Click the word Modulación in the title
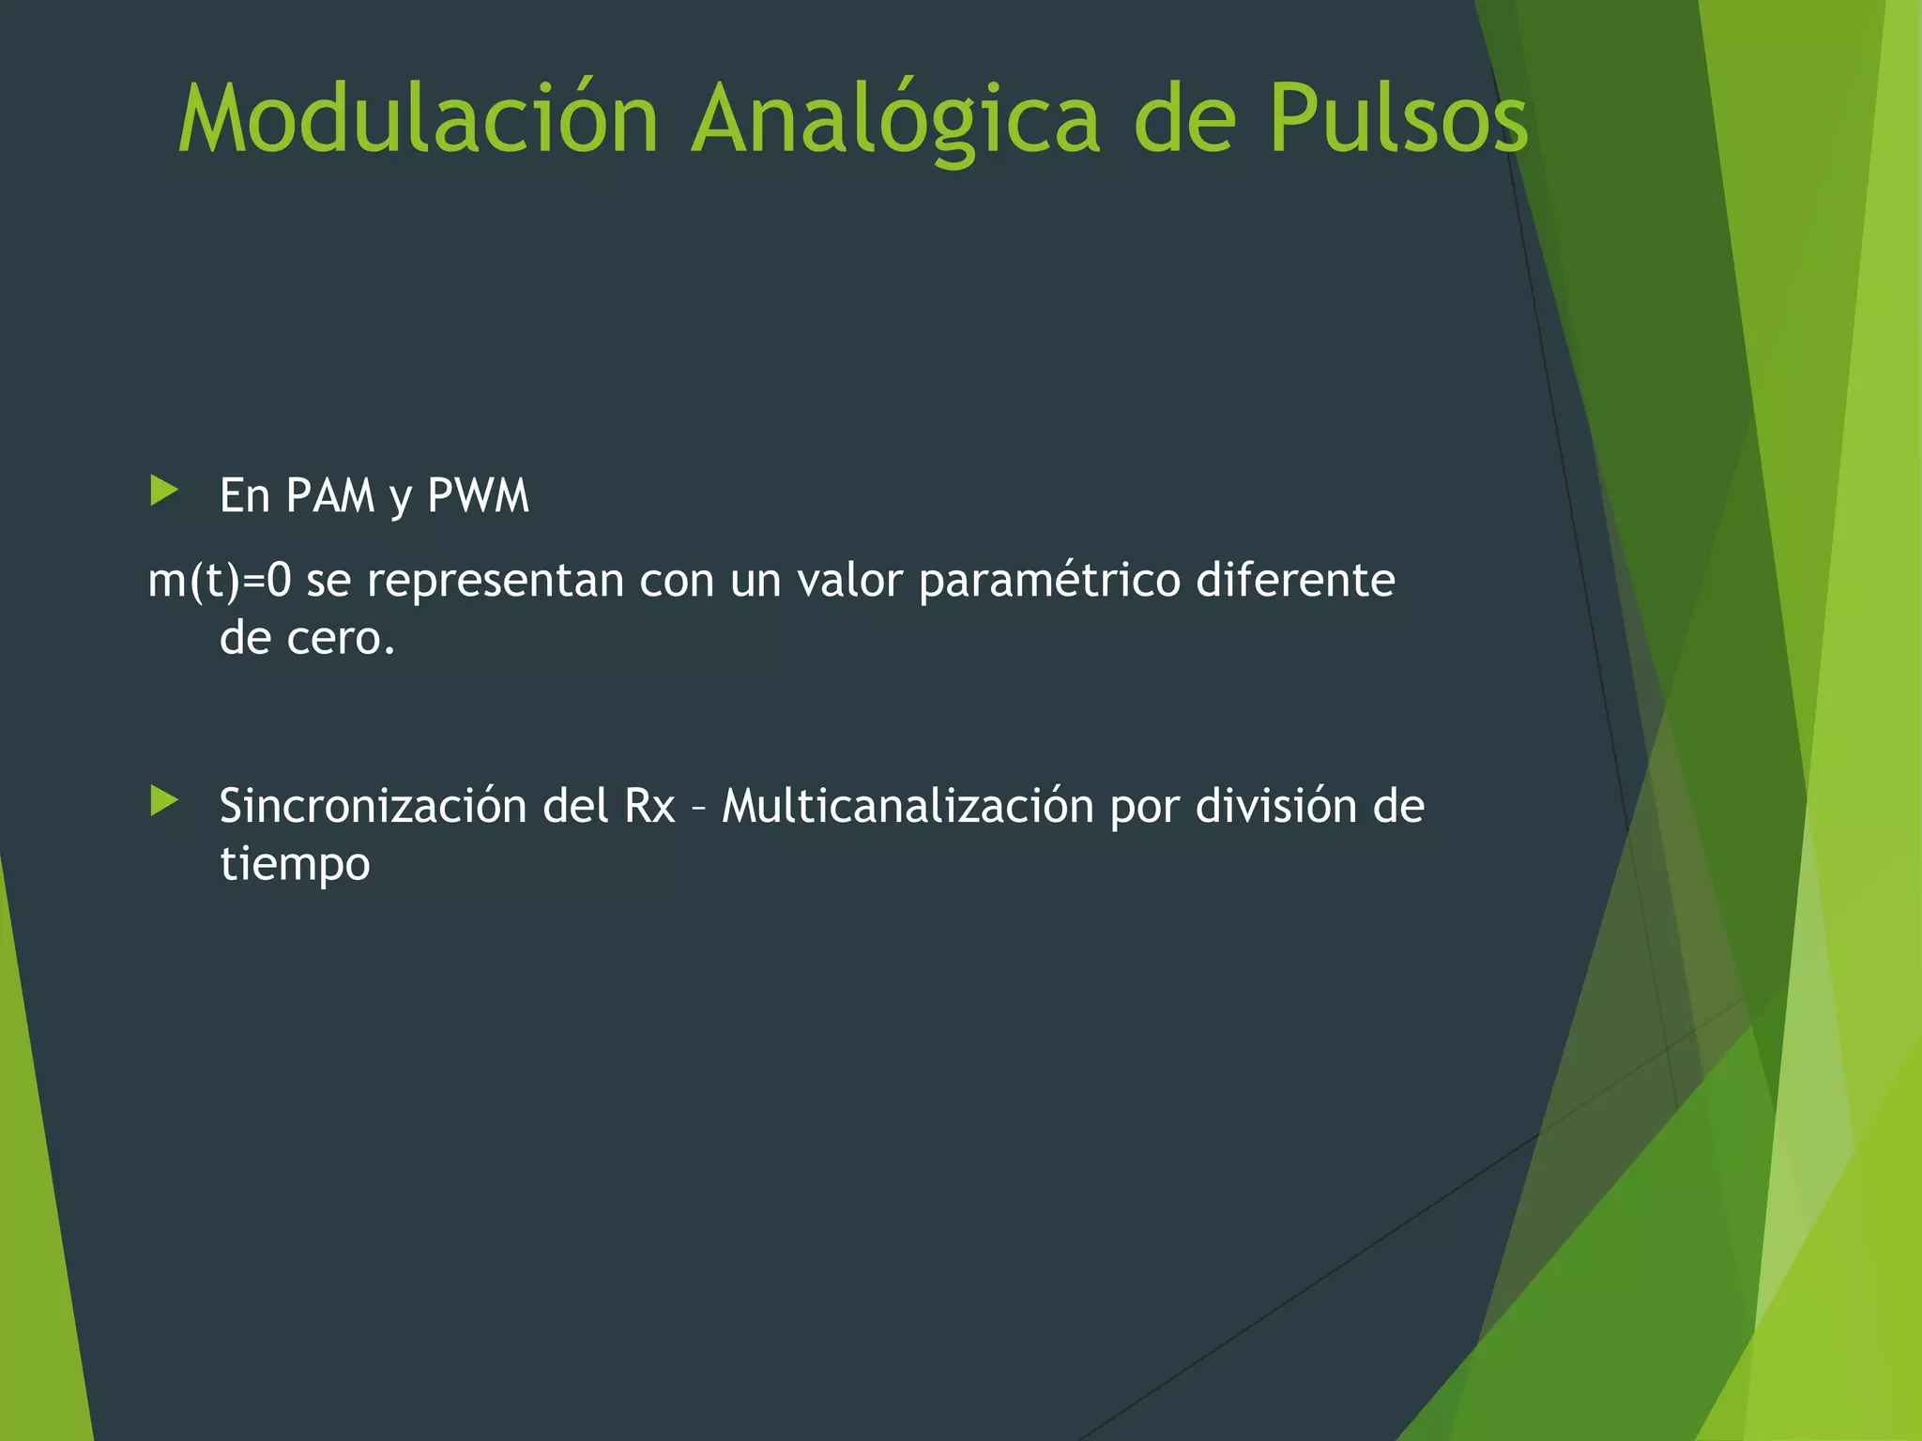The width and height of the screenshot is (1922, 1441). [419, 119]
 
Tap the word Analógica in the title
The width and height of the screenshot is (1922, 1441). [895, 119]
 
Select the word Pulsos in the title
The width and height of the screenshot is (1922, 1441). [1398, 119]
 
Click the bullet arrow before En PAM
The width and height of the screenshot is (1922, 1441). [164, 491]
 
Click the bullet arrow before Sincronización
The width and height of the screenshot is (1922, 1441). [164, 801]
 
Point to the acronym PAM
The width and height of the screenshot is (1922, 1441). [330, 495]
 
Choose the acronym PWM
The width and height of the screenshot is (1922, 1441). [479, 495]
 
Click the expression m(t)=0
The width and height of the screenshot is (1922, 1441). [220, 581]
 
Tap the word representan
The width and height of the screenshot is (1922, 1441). [495, 581]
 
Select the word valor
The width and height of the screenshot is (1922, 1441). [848, 581]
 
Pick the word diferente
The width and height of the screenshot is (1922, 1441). [1296, 581]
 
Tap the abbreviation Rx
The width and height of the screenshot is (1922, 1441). [649, 807]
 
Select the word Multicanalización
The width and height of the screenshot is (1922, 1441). [908, 807]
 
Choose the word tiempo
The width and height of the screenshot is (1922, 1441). [295, 865]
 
